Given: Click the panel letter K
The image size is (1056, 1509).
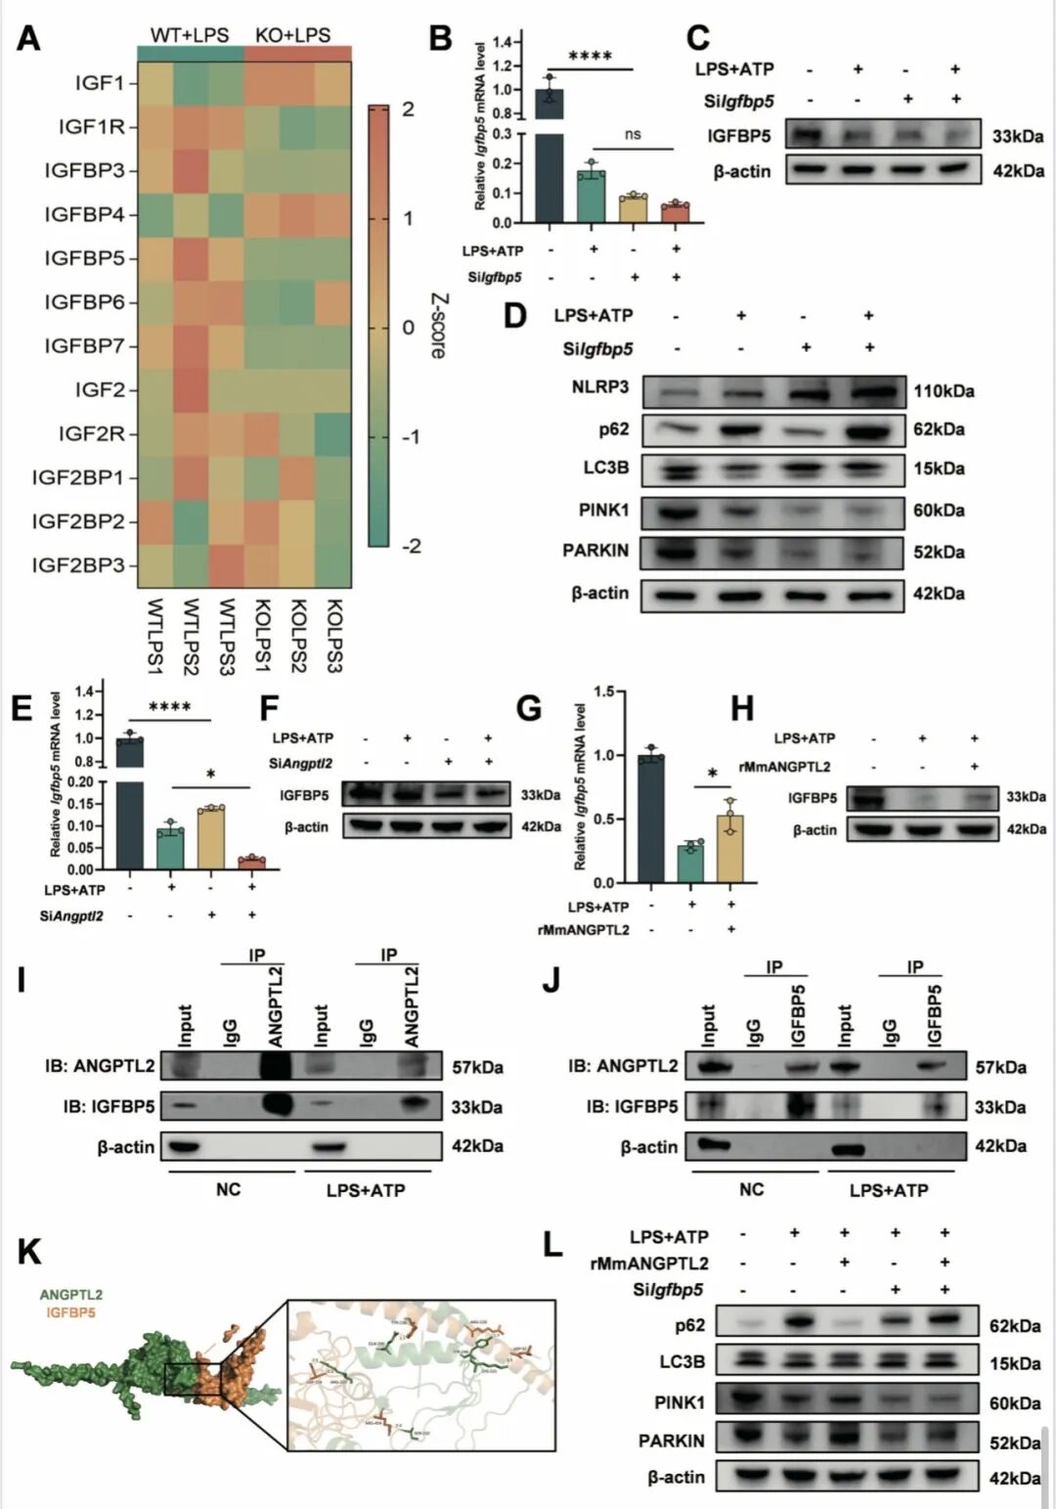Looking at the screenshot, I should click(x=29, y=1252).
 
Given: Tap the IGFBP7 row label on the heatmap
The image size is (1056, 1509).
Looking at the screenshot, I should click(x=84, y=346).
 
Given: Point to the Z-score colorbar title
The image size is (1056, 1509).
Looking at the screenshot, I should click(x=439, y=327).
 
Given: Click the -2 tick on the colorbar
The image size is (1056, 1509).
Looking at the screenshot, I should click(x=412, y=546).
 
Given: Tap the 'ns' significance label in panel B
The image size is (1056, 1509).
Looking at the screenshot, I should click(x=633, y=134).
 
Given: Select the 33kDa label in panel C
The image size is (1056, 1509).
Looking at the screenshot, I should click(x=1017, y=136).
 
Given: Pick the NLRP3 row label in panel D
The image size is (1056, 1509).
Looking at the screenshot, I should click(x=600, y=387).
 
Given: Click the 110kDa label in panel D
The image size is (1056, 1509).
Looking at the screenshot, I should click(x=944, y=391).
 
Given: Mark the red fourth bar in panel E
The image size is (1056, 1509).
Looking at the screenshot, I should click(x=251, y=863).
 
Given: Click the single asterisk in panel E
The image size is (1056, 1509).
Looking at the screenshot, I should click(x=211, y=776).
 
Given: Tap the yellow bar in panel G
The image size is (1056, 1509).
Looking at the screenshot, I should click(x=729, y=848).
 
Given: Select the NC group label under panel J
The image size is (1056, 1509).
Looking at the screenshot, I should click(x=751, y=1190).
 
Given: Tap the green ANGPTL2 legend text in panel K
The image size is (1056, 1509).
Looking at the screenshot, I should click(x=71, y=1295).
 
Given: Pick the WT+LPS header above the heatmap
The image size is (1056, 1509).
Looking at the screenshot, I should click(x=190, y=35).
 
